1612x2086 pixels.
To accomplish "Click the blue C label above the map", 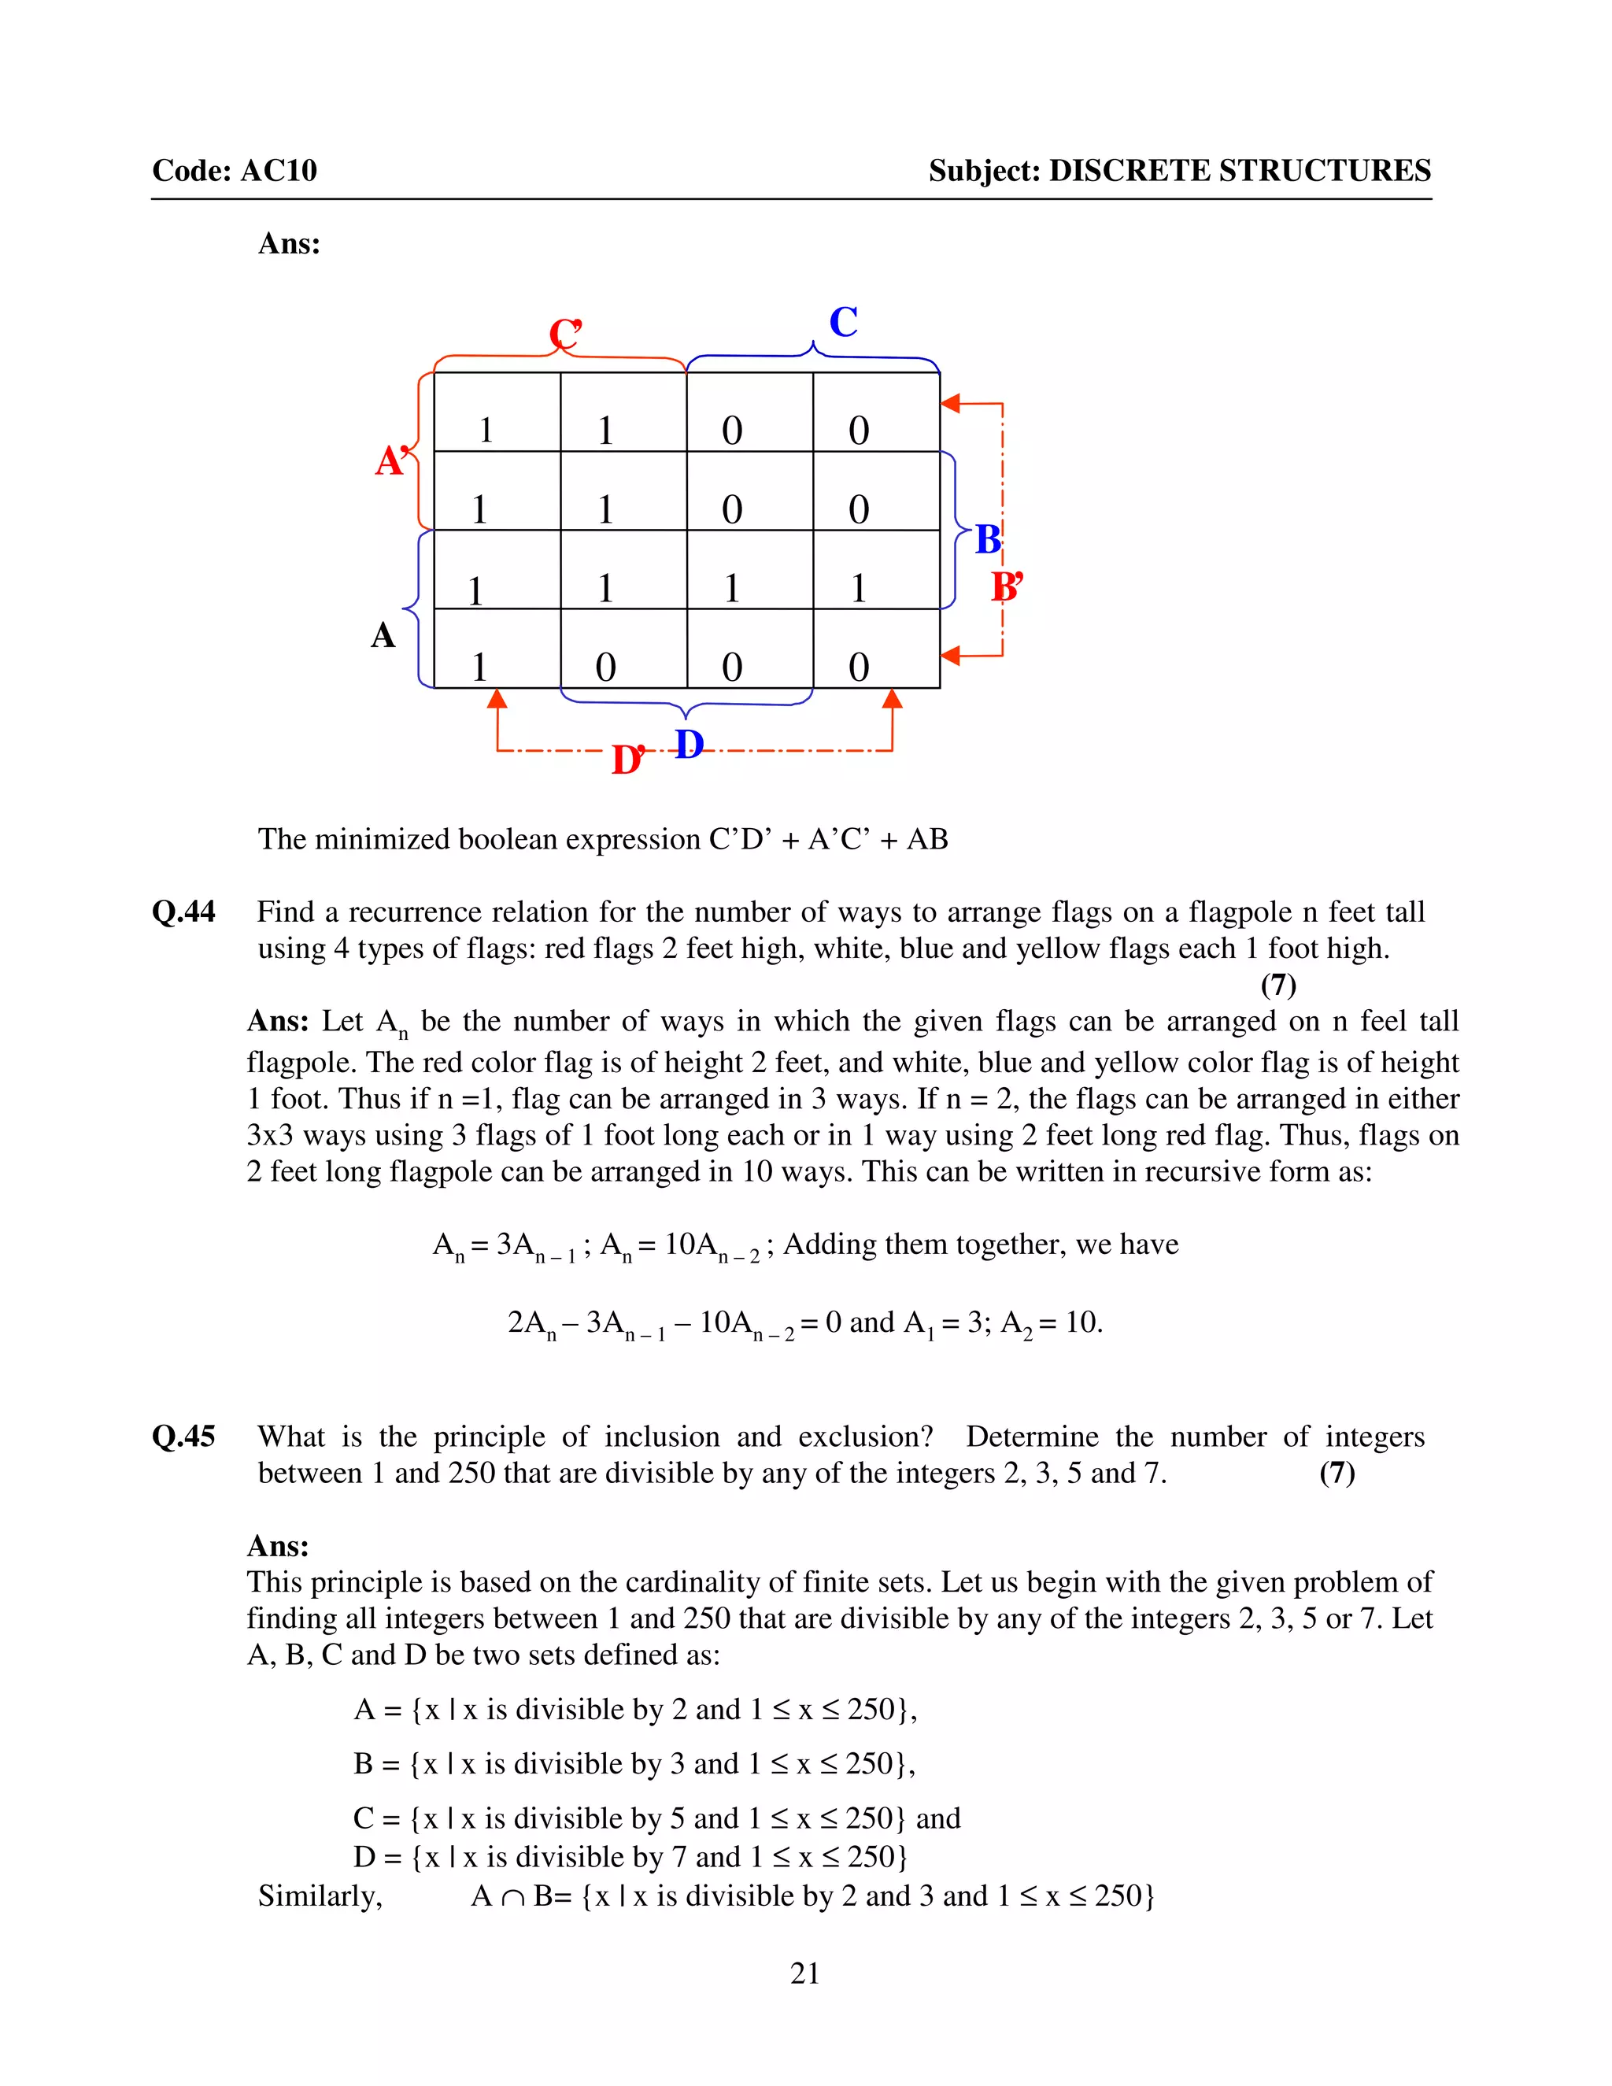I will [x=843, y=323].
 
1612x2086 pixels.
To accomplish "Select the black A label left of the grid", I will [x=383, y=635].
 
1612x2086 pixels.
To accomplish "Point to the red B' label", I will [x=1007, y=586].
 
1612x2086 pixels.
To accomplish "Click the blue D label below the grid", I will [x=690, y=744].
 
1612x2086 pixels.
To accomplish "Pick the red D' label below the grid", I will [x=627, y=760].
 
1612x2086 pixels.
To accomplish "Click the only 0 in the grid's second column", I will [x=605, y=667].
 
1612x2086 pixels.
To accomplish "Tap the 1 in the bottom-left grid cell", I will [x=479, y=667].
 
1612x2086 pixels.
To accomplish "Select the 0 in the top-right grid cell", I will [x=859, y=431].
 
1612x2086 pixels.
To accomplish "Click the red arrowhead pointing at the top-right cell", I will [x=950, y=404].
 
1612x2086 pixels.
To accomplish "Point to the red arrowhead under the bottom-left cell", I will [x=497, y=700].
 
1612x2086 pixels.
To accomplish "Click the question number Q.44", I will [x=183, y=912].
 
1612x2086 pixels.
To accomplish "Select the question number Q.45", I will [x=183, y=1437].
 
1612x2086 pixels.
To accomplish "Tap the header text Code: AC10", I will [x=234, y=170].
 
